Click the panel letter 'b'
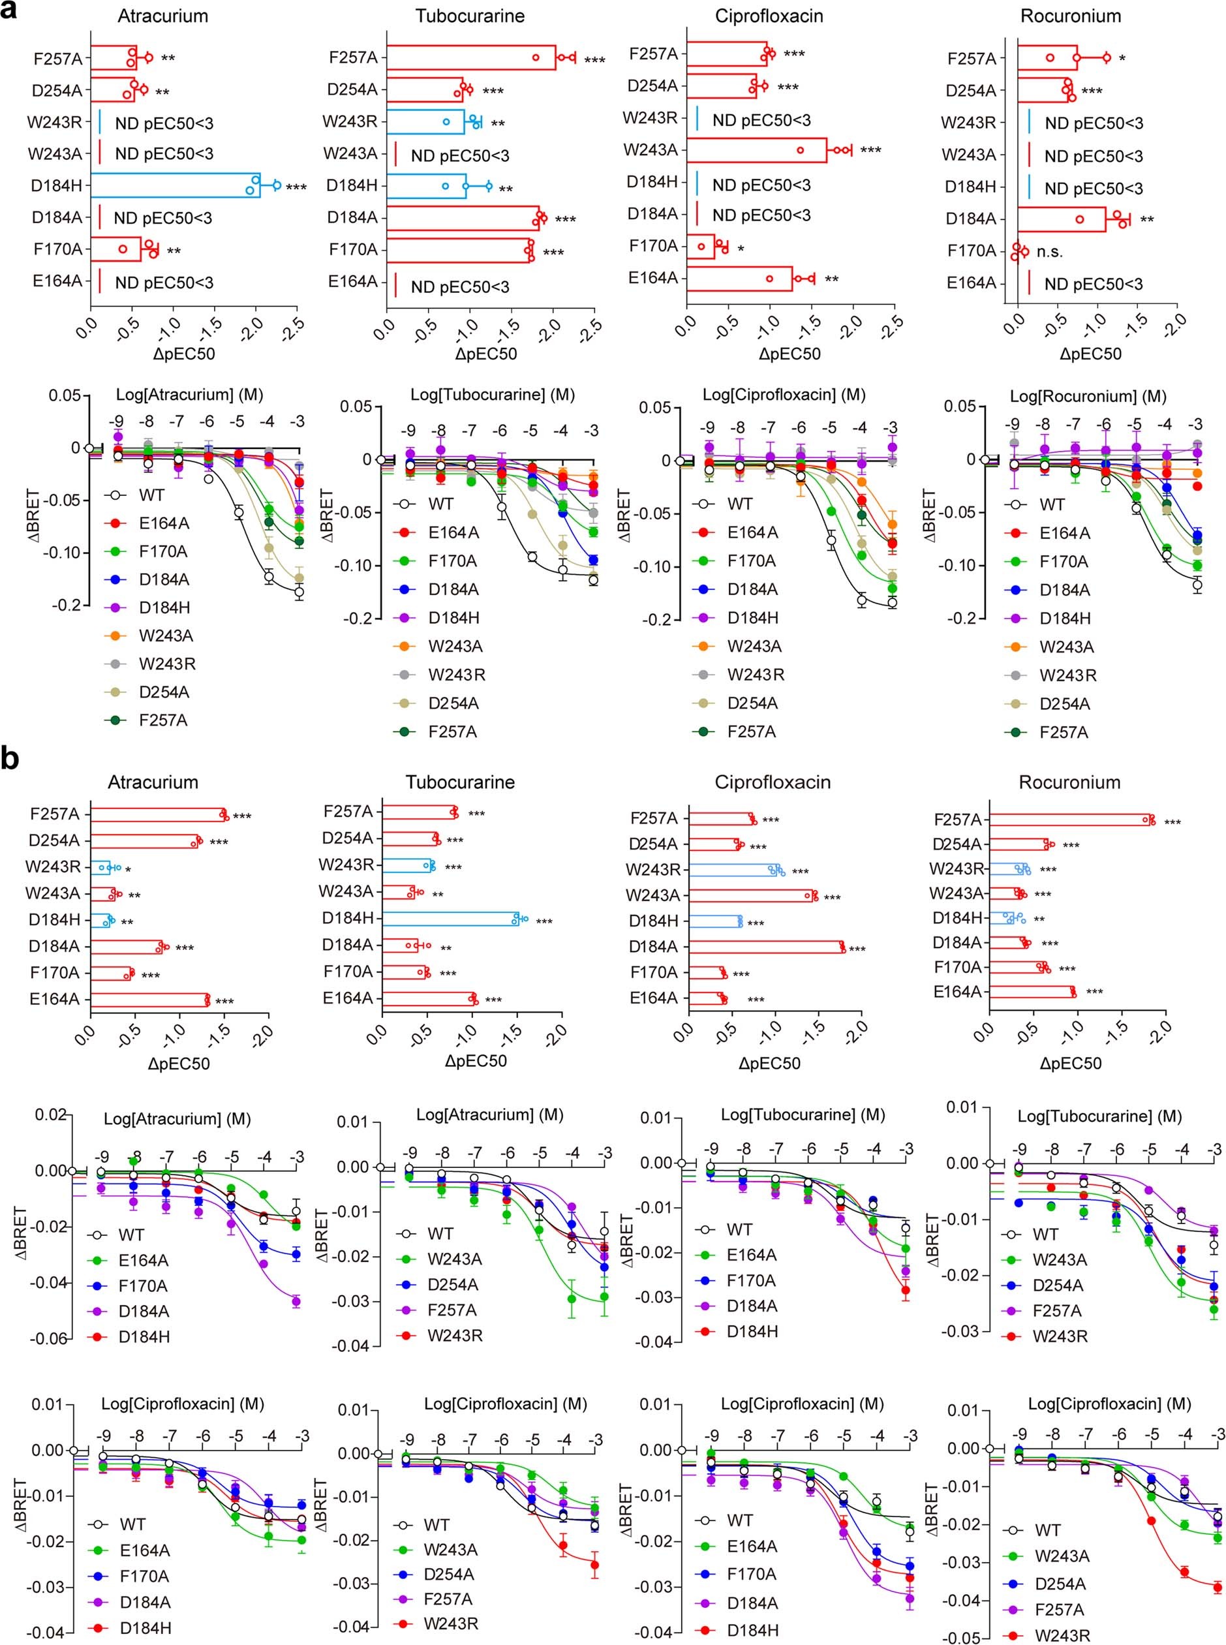(x=10, y=760)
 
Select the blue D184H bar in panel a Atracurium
(x=175, y=185)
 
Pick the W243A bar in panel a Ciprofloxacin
(x=756, y=150)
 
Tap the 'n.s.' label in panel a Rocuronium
(x=1049, y=251)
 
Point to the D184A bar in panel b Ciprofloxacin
(x=766, y=947)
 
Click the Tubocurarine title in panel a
(x=469, y=16)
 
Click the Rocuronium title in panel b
(x=1069, y=782)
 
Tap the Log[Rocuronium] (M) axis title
(x=1088, y=396)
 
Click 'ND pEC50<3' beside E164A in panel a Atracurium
(x=164, y=283)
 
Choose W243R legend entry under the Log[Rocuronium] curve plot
(x=1067, y=675)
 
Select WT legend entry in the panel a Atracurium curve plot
(x=151, y=495)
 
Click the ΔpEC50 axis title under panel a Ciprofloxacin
(x=789, y=354)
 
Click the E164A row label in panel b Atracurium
(x=54, y=999)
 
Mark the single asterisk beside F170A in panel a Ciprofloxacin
(x=741, y=248)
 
